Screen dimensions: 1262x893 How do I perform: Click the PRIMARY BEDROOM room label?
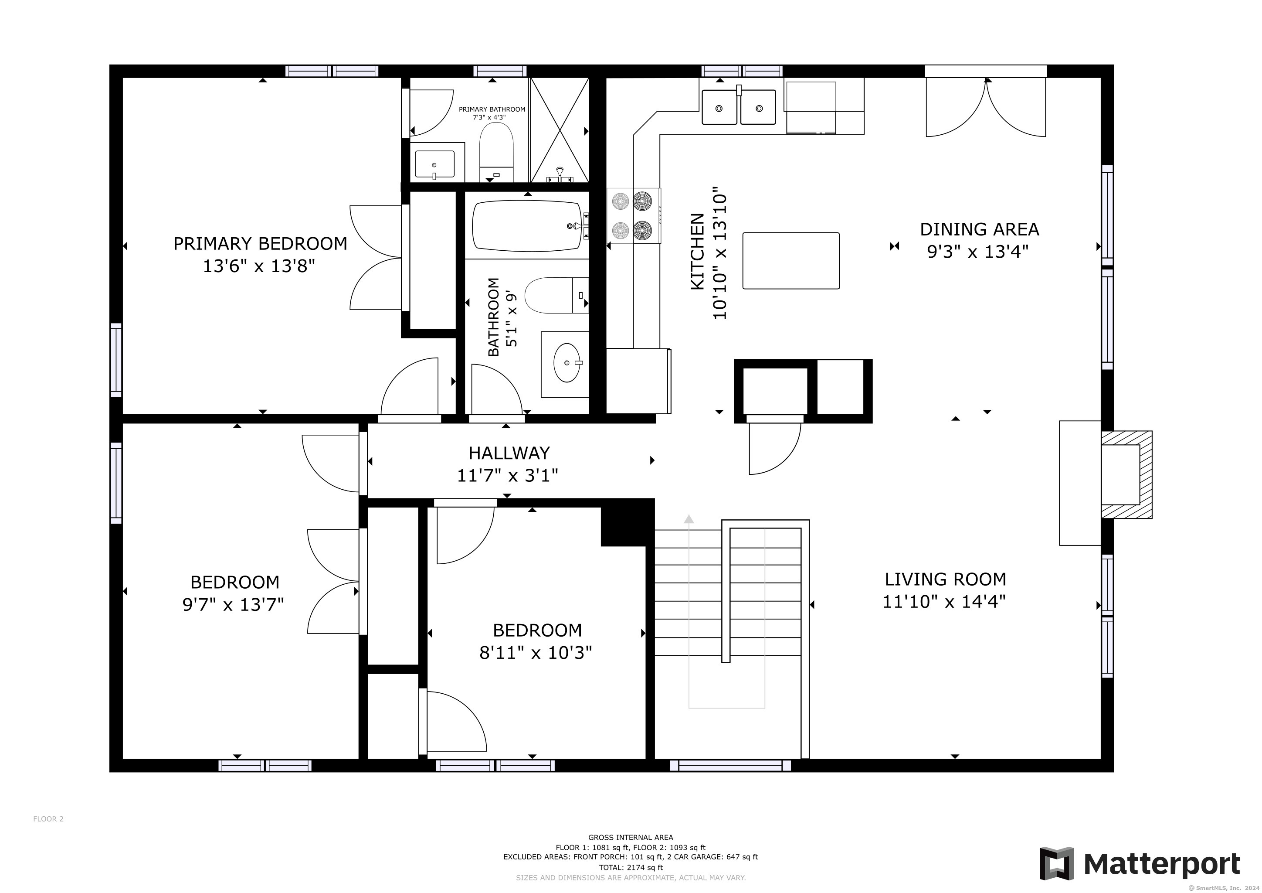[260, 244]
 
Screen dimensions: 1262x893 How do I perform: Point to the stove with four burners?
[634, 215]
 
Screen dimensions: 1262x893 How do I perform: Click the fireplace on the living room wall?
[1126, 474]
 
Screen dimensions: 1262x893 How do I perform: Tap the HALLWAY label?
[509, 453]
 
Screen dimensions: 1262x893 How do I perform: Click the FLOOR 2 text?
[48, 819]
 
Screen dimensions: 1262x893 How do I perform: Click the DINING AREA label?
[980, 229]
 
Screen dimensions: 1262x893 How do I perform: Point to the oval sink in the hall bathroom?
[567, 363]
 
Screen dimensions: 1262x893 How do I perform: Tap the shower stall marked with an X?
[559, 130]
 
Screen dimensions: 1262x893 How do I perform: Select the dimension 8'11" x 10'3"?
[536, 653]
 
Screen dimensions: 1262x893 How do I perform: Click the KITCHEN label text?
[697, 251]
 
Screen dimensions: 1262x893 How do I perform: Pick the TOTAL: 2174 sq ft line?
[631, 868]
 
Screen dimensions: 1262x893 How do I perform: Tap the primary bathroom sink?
[434, 164]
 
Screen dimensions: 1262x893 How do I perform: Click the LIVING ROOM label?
[945, 579]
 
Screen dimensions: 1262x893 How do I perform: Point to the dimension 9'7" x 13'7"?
[233, 605]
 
